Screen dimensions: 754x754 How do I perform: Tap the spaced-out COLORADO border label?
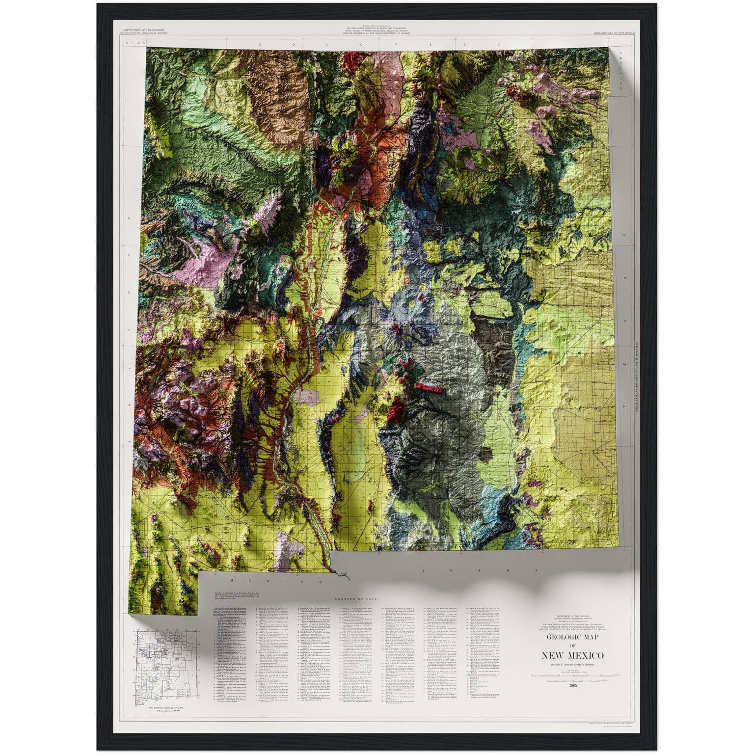[380, 44]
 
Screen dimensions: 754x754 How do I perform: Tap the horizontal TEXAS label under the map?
[479, 571]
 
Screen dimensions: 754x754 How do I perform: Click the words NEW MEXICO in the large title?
[572, 655]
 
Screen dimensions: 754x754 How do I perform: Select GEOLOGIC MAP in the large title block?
[572, 637]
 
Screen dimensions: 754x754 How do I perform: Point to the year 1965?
[572, 685]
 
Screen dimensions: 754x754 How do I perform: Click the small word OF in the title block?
[572, 646]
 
